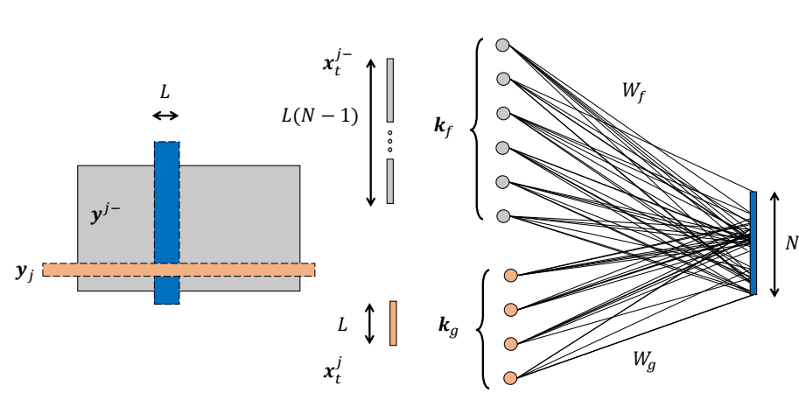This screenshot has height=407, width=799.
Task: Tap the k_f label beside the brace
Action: [x=445, y=127]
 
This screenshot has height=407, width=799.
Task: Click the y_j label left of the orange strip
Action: [x=24, y=272]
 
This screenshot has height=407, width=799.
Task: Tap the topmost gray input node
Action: [x=502, y=45]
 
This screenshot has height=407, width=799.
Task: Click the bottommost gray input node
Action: [x=502, y=215]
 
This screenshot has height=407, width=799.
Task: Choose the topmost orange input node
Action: [x=511, y=276]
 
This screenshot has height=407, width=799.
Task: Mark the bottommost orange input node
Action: [x=511, y=378]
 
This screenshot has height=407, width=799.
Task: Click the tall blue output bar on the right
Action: [x=753, y=242]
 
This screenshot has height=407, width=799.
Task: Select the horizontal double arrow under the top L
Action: [x=165, y=116]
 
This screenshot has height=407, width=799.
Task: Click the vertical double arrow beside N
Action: [x=774, y=242]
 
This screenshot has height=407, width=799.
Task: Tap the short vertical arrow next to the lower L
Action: [x=368, y=323]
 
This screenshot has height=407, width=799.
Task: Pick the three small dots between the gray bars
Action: [x=390, y=139]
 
